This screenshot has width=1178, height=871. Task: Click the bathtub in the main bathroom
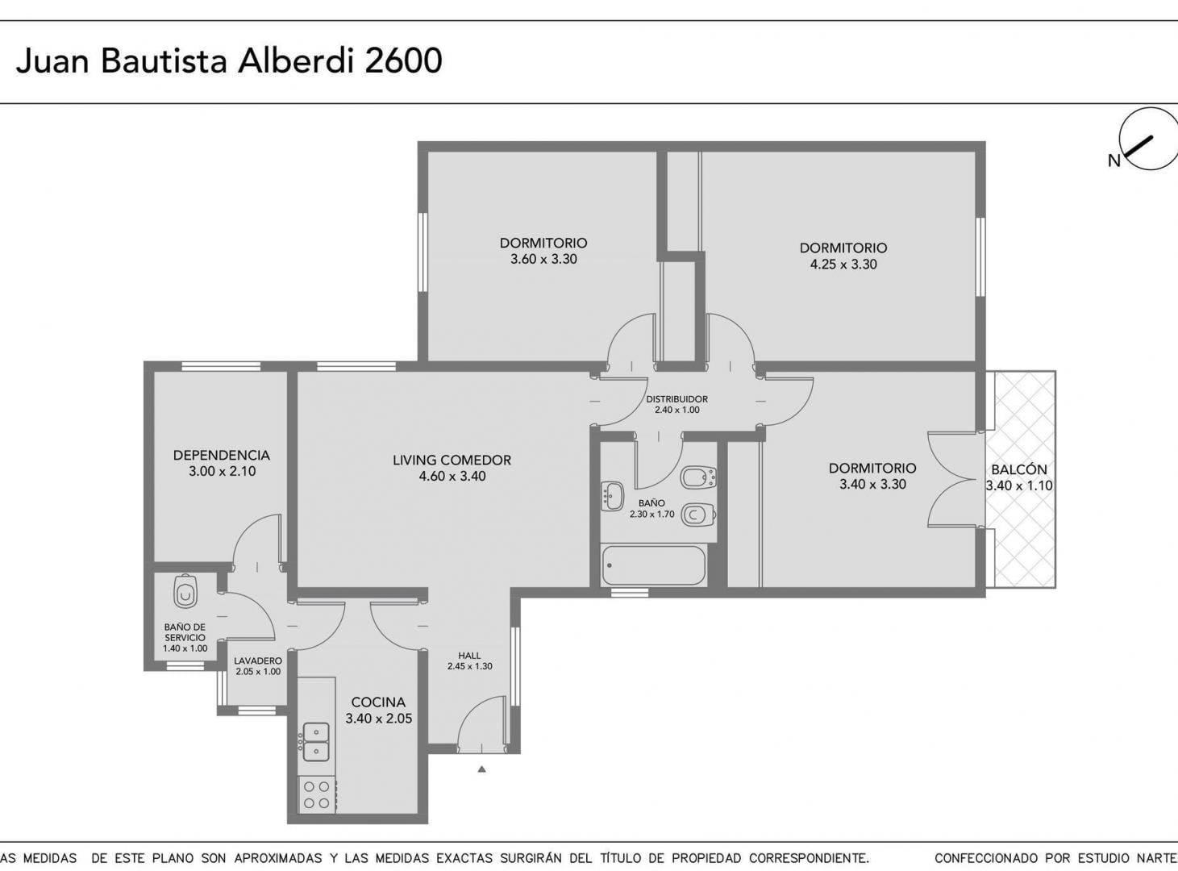pos(654,565)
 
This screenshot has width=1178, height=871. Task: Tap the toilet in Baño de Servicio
pos(185,590)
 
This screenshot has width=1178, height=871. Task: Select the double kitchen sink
pos(316,742)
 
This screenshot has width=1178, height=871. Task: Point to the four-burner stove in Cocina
pos(317,794)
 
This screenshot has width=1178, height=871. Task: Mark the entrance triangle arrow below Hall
pos(481,769)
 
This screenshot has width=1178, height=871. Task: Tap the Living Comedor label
pos(452,460)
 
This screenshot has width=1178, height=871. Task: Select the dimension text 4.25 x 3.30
pos(843,264)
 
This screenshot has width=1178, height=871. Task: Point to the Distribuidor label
pos(676,398)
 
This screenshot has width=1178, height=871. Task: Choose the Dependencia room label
pos(222,455)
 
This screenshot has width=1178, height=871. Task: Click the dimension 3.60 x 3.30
pos(543,259)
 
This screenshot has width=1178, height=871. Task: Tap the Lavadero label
pos(258,661)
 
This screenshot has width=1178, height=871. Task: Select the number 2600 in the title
pos(404,60)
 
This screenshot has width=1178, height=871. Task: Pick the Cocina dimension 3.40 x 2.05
pos(379,719)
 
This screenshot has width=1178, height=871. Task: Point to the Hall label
pos(469,655)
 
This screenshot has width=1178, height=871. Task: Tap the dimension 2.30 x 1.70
pos(651,514)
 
